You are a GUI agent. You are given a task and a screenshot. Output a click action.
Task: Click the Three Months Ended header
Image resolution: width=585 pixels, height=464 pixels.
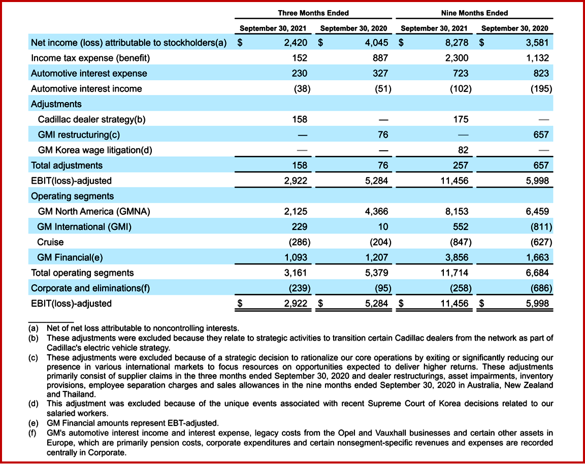[x=313, y=13]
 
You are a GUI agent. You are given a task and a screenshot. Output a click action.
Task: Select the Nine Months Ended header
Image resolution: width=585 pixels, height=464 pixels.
[x=474, y=13]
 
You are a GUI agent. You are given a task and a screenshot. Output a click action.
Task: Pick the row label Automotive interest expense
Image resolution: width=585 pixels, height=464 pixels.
[x=89, y=73]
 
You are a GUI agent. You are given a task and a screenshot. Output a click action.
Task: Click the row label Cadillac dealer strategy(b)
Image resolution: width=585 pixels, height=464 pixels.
[x=92, y=119]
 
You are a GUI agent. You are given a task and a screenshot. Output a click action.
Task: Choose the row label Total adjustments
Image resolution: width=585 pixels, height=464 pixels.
[x=67, y=165]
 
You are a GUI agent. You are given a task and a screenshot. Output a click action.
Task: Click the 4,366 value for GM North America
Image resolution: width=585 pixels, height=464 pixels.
[x=377, y=211]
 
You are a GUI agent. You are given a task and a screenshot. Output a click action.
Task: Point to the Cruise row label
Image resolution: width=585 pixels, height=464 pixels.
[x=50, y=242]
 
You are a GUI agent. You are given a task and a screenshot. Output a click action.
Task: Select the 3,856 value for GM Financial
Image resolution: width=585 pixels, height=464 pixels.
[x=457, y=257]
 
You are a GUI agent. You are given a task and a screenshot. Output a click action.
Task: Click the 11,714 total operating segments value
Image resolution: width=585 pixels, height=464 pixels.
[x=456, y=273]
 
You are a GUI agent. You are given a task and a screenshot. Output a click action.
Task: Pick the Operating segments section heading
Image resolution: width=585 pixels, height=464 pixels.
[x=72, y=196]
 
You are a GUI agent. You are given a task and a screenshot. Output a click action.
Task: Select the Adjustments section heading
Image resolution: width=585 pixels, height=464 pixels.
[x=56, y=104]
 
